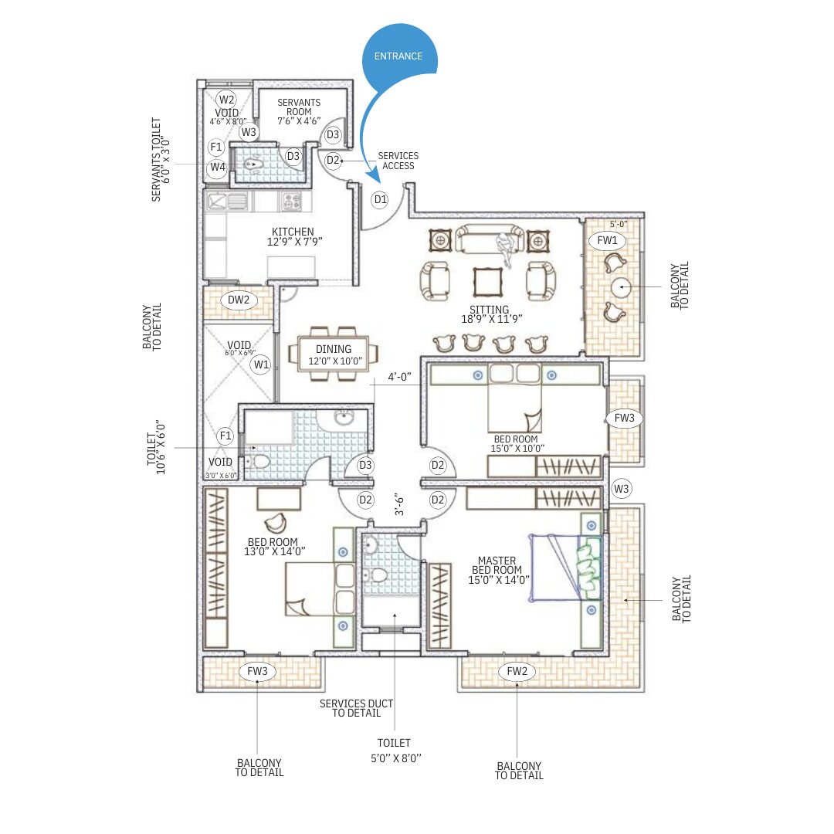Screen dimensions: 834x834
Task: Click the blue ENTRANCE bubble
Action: (399, 56)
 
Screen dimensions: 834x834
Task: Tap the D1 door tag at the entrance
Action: (380, 199)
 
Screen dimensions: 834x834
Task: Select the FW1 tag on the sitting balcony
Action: (607, 240)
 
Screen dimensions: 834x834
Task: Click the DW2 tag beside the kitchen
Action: (239, 300)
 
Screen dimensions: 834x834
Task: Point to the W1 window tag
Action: (261, 364)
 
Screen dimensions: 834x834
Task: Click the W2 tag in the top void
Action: (226, 100)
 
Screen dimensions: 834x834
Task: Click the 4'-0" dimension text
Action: (399, 377)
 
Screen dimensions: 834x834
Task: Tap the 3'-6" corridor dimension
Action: (399, 504)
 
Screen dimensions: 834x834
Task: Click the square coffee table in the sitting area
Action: (488, 282)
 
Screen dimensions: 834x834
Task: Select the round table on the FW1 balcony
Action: (621, 287)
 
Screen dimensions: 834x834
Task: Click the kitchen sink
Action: (227, 202)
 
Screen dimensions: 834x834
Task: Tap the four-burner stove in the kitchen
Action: (291, 202)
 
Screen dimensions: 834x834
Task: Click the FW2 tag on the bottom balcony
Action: (517, 671)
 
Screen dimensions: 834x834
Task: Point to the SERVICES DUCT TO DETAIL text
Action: (356, 708)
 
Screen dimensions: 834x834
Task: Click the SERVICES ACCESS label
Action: (398, 161)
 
